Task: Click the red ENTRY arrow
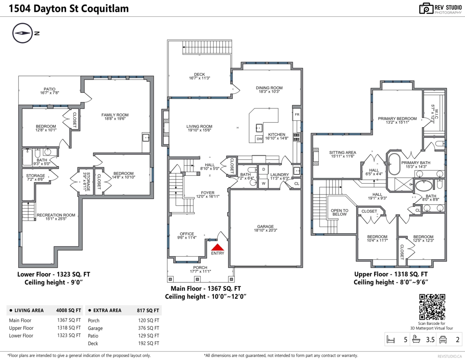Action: coord(217,247)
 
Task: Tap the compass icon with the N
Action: coord(23,33)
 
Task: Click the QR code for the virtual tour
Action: coord(432,307)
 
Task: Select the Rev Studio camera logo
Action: coord(426,9)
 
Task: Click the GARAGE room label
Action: coord(265,226)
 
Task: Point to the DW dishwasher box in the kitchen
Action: coord(259,139)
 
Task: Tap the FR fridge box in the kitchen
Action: coord(297,115)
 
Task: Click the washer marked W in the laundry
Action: coord(263,184)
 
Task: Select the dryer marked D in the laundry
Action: coord(263,169)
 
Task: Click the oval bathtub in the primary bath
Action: coord(394,164)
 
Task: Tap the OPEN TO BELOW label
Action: coord(339,212)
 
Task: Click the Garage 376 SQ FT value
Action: coord(148,328)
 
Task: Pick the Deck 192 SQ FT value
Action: coord(148,343)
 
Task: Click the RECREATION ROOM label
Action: coord(56,215)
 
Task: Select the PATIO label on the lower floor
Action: coord(50,89)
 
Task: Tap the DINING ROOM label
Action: coord(269,88)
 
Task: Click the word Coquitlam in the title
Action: coord(105,9)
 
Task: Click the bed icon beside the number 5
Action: coord(391,339)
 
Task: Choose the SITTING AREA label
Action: coord(343,153)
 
